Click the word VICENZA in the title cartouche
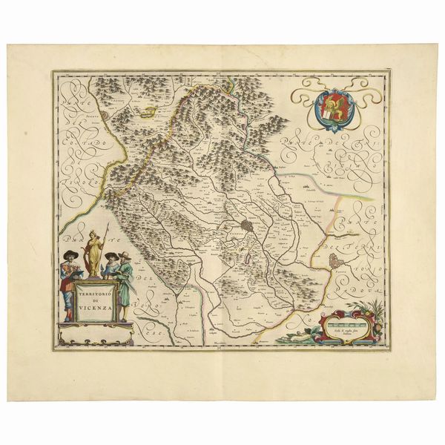pyautogui.click(x=96, y=306)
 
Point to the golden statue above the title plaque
pyautogui.click(x=94, y=252)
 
